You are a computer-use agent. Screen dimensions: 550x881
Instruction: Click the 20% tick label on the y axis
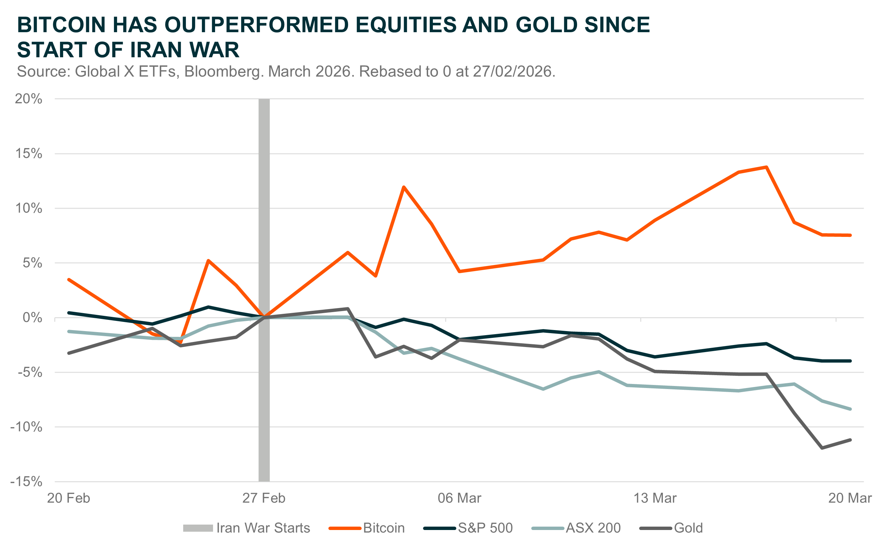point(28,99)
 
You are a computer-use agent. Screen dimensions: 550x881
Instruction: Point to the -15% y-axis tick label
point(26,482)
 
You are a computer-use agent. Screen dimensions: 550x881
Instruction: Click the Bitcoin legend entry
point(384,528)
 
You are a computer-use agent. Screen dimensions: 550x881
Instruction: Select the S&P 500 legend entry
point(485,528)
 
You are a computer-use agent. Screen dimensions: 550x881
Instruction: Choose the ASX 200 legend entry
point(593,528)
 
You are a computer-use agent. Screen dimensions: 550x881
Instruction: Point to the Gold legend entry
point(688,528)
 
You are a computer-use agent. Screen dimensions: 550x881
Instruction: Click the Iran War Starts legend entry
point(263,528)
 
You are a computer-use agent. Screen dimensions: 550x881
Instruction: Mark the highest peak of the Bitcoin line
point(767,167)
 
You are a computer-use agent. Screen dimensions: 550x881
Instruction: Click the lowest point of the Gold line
point(822,448)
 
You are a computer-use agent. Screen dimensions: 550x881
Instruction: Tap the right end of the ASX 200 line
point(850,409)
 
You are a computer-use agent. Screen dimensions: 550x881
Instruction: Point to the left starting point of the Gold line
point(69,353)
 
